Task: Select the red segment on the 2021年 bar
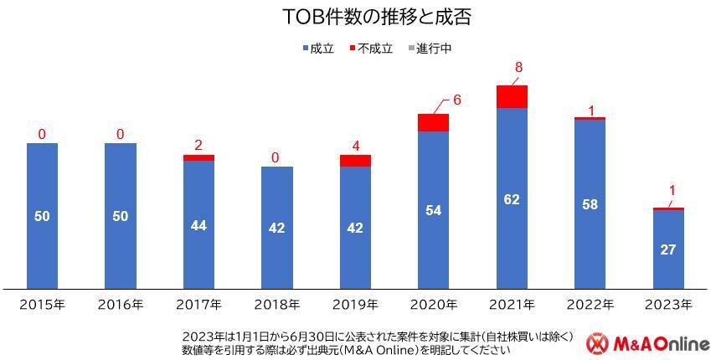click(512, 96)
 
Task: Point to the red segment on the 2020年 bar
click(434, 122)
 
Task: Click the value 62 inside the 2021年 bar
click(512, 199)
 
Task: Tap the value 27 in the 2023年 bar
click(668, 249)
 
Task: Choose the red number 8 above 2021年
click(520, 68)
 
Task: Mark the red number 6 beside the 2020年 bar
click(457, 100)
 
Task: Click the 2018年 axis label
click(276, 304)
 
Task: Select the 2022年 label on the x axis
click(590, 304)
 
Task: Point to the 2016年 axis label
click(121, 304)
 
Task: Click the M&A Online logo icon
click(597, 343)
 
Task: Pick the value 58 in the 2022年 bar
click(590, 204)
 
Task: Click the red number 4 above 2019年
click(356, 146)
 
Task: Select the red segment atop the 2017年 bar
click(198, 157)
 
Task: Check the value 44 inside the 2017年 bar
click(198, 225)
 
